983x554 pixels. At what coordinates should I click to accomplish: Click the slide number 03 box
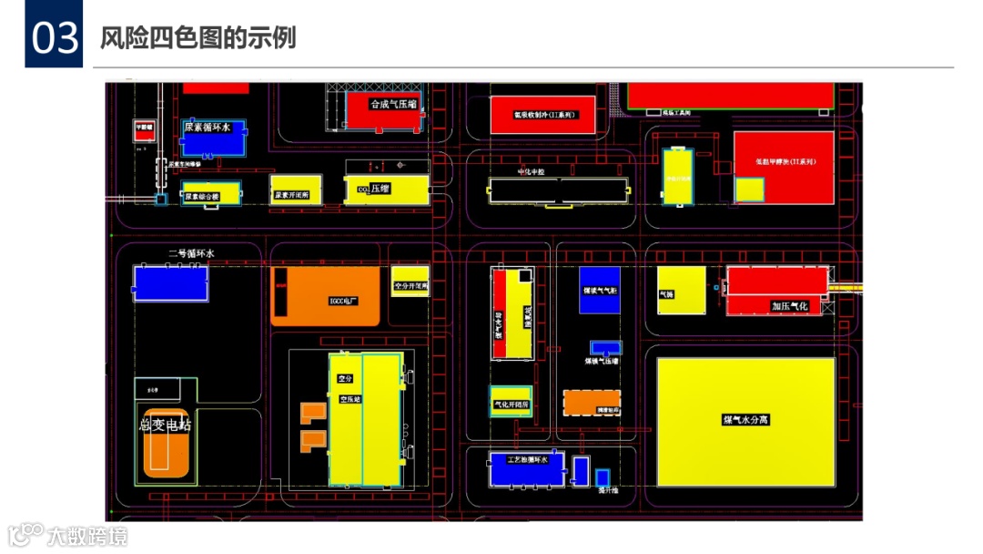point(54,39)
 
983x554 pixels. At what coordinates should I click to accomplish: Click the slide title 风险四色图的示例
point(198,39)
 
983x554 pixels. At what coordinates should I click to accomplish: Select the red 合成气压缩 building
point(383,109)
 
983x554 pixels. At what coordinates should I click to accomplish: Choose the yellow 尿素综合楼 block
point(210,193)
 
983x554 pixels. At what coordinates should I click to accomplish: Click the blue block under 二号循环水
point(170,282)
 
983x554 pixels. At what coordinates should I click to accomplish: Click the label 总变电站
point(165,425)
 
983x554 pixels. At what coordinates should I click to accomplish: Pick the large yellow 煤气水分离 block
point(745,421)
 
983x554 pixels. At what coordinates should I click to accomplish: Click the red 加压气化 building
point(778,290)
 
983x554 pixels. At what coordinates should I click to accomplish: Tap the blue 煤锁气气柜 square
point(600,290)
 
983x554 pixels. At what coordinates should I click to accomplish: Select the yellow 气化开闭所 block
point(511,401)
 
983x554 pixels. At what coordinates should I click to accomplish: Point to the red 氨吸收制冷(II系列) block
point(542,115)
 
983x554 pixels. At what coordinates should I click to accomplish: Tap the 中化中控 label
point(531,172)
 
